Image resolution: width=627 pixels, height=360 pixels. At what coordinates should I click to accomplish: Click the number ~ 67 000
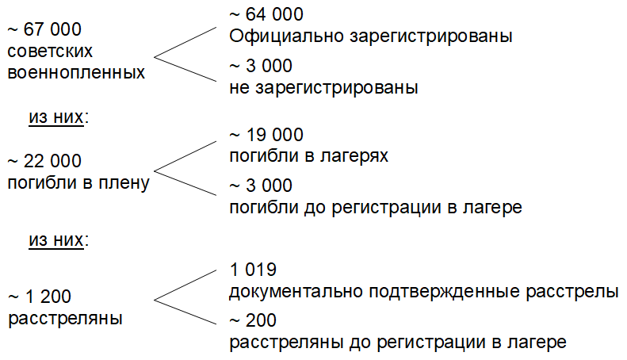click(44, 29)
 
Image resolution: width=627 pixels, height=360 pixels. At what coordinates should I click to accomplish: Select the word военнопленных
click(76, 72)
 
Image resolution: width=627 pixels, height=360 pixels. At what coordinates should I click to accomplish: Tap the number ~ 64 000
click(266, 15)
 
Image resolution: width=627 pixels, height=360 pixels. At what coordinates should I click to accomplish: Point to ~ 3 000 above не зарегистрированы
click(260, 66)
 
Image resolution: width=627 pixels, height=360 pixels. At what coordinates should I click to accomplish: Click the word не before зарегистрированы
click(239, 87)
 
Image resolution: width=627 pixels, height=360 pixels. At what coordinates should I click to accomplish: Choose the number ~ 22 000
click(44, 162)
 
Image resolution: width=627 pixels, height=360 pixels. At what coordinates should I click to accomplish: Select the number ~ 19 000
click(266, 135)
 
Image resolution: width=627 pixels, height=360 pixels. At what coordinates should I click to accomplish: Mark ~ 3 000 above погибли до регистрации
click(260, 186)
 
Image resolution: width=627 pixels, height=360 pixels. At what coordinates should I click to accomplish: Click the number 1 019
click(252, 270)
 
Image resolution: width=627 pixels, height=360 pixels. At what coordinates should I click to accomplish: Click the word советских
click(50, 51)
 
